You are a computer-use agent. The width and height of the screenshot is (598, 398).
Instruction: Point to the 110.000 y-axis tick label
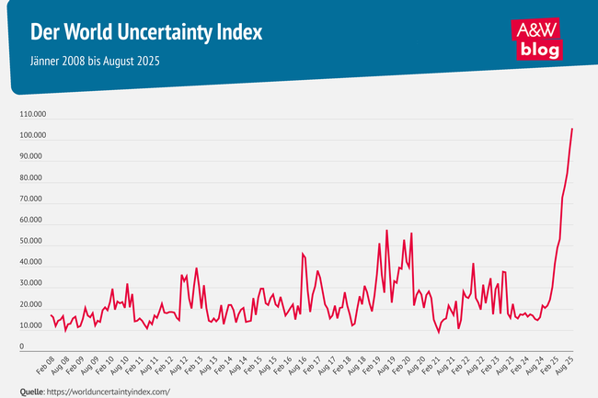[x=33, y=115]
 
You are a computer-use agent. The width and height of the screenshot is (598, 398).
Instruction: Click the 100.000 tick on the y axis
[x=33, y=136]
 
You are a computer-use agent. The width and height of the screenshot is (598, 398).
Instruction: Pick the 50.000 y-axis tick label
[x=35, y=242]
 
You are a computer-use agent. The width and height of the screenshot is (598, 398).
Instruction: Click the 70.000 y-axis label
[x=35, y=199]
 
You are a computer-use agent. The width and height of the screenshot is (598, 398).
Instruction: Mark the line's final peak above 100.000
[x=572, y=129]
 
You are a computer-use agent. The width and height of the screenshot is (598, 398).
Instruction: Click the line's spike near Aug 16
[x=303, y=254]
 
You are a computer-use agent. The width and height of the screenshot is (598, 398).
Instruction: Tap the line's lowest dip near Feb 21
[x=439, y=332]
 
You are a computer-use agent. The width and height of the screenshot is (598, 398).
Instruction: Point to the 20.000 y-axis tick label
[x=35, y=305]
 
